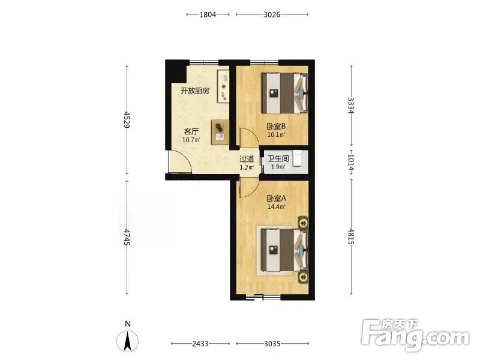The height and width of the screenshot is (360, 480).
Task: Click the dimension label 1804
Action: tap(208, 14)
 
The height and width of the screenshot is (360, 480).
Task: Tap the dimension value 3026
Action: tap(272, 14)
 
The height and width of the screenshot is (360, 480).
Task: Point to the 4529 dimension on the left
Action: tap(127, 121)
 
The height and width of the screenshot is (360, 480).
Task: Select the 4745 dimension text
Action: tap(127, 237)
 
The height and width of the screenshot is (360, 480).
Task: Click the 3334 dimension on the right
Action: tap(351, 106)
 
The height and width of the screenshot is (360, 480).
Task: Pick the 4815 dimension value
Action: tap(351, 236)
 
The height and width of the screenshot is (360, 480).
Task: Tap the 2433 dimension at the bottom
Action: tap(200, 344)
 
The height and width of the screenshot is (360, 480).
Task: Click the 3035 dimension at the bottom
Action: tap(272, 344)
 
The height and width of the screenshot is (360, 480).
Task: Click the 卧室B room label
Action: tap(276, 126)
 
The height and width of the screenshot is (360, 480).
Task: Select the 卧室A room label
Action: tap(277, 199)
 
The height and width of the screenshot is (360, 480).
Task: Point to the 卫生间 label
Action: tap(278, 158)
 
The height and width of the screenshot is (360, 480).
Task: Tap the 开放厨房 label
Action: tap(195, 91)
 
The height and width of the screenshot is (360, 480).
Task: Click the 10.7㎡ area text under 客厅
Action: tap(191, 140)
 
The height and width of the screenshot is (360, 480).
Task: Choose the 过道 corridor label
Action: tap(247, 159)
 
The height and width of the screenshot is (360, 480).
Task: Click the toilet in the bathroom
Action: tap(298, 158)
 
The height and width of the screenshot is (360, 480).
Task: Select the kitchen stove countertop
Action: tap(223, 86)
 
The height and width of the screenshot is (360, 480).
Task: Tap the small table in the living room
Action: tap(220, 132)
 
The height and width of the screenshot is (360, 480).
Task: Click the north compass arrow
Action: tap(128, 341)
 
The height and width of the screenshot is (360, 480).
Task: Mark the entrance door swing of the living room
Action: tap(180, 162)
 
